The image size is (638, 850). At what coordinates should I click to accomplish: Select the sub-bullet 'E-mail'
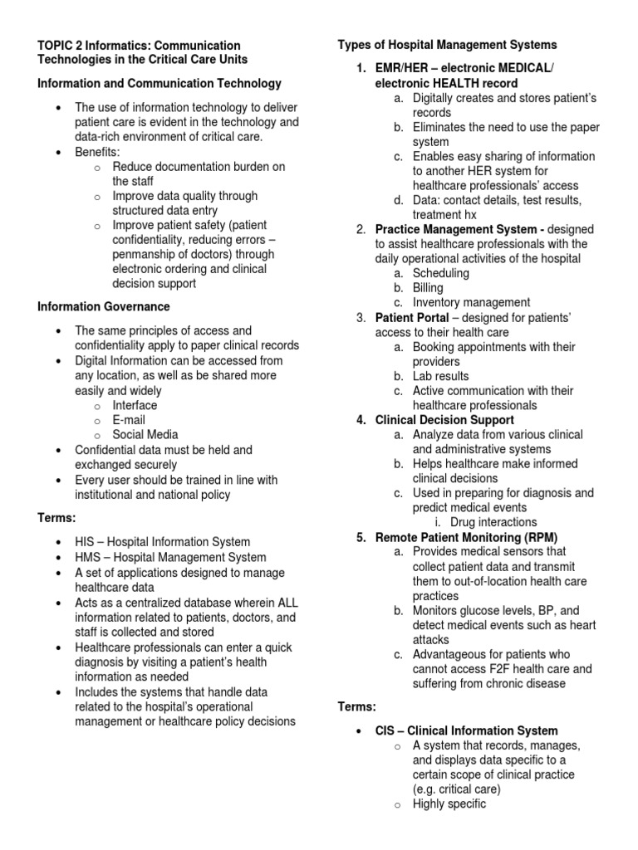pyautogui.click(x=129, y=420)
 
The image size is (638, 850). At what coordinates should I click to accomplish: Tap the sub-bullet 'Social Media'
pyautogui.click(x=145, y=434)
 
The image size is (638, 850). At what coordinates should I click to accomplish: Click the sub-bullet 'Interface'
pyautogui.click(x=135, y=405)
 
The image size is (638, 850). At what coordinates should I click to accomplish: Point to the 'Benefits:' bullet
pyautogui.click(x=97, y=152)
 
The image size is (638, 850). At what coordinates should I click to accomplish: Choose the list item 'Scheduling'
pyautogui.click(x=440, y=273)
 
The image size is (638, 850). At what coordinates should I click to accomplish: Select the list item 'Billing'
pyautogui.click(x=428, y=288)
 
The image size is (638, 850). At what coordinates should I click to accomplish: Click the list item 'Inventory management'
pyautogui.click(x=471, y=303)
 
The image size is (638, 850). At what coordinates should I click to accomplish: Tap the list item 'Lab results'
pyautogui.click(x=440, y=376)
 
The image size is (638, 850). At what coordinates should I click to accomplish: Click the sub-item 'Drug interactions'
pyautogui.click(x=493, y=522)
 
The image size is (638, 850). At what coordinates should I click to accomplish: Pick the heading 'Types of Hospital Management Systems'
pyautogui.click(x=447, y=45)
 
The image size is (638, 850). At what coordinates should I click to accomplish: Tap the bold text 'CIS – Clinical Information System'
pyautogui.click(x=467, y=730)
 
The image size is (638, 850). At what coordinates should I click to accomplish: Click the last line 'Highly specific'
pyautogui.click(x=449, y=804)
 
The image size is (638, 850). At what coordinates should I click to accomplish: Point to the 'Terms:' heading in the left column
pyautogui.click(x=56, y=518)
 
